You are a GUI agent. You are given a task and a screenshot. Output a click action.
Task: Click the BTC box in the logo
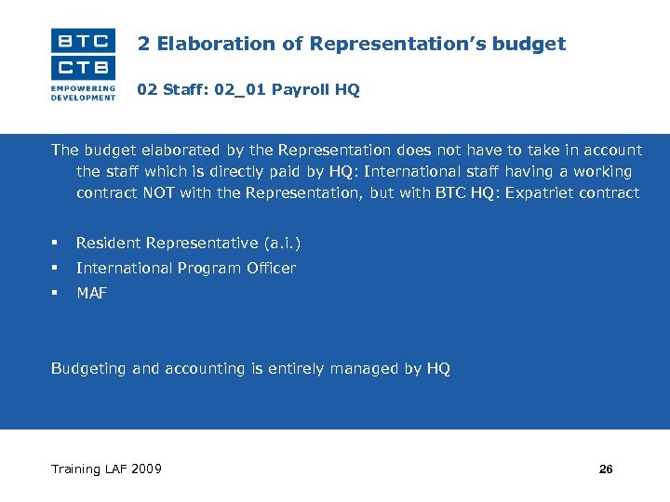[84, 42]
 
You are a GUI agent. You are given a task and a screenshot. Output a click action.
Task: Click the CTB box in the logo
[84, 68]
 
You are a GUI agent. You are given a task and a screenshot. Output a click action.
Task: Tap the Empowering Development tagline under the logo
[84, 92]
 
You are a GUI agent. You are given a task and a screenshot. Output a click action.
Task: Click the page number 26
[606, 469]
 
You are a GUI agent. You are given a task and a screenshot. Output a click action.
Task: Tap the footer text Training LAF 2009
[106, 469]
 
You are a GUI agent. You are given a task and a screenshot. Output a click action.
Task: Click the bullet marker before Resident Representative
[56, 243]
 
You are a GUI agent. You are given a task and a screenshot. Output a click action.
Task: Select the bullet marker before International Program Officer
[56, 268]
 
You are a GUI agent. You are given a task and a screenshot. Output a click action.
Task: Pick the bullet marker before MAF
[56, 293]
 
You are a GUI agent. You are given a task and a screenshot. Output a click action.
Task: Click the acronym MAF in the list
[92, 294]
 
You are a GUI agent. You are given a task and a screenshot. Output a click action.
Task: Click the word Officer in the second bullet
[271, 269]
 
